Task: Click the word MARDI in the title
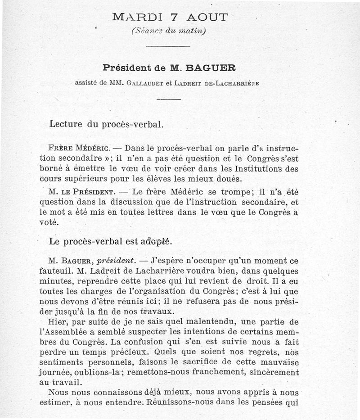point(135,18)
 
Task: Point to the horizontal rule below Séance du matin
point(168,46)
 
